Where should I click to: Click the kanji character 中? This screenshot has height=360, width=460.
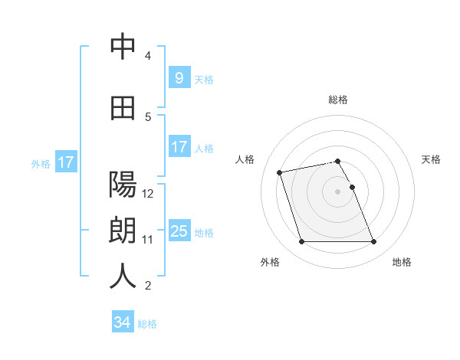click(x=123, y=47)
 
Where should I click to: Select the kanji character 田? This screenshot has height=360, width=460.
click(x=123, y=109)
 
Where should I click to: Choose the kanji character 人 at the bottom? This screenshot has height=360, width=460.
click(x=123, y=277)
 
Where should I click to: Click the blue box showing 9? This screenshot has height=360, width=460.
click(x=178, y=77)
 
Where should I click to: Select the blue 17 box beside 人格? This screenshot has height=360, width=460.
click(x=178, y=147)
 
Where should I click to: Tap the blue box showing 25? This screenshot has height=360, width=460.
click(x=179, y=231)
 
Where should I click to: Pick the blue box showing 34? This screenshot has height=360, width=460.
click(x=122, y=322)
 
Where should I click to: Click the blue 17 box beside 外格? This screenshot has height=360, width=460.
click(x=65, y=162)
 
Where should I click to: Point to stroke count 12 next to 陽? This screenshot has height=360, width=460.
click(x=149, y=193)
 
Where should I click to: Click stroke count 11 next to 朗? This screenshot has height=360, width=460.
click(x=148, y=239)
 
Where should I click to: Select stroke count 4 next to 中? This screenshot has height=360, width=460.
click(x=148, y=55)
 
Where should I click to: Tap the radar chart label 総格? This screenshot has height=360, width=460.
click(x=338, y=100)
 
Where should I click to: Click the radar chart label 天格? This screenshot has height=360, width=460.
click(x=431, y=159)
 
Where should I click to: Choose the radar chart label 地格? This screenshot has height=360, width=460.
click(x=402, y=262)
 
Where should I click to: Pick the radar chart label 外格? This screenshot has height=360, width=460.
click(x=270, y=262)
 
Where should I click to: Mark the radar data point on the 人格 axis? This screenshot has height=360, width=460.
click(x=280, y=172)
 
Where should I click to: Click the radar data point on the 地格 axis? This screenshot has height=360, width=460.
click(x=373, y=242)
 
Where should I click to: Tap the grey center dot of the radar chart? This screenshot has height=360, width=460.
click(x=338, y=191)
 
